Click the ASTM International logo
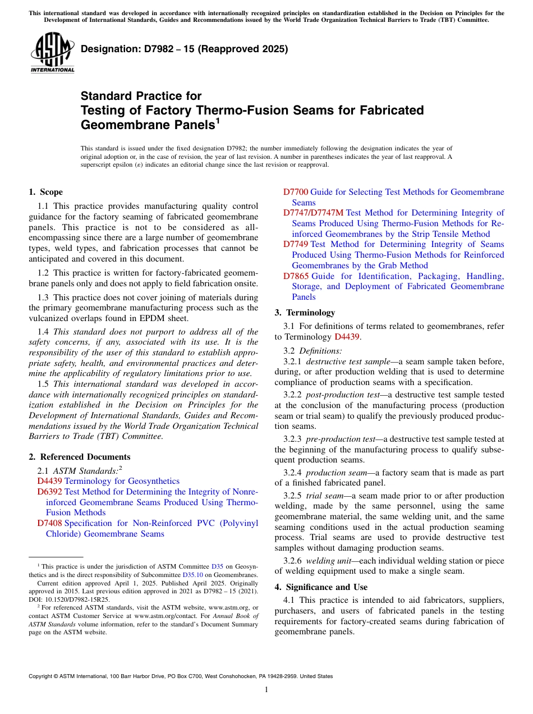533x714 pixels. coord(52,53)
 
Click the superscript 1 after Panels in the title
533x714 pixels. coord(218,120)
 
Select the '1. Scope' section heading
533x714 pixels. coord(45,192)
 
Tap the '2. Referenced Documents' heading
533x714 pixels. coord(80,457)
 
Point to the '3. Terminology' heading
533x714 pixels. coord(305,313)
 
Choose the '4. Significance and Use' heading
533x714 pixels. coord(321,587)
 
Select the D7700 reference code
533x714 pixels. coord(296,192)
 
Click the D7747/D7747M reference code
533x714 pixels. coord(313,213)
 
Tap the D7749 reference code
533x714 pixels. coord(296,244)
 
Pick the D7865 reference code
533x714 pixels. coord(296,276)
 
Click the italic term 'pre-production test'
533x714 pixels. coord(342,438)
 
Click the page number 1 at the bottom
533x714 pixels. coord(266,689)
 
